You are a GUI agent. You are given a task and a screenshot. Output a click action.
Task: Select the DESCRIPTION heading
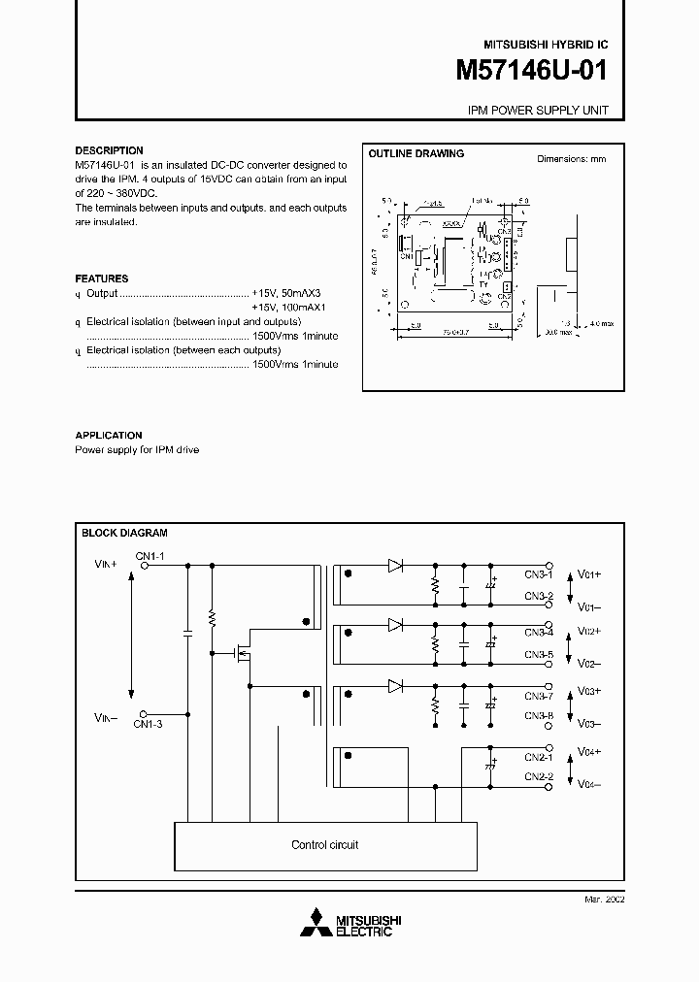[x=109, y=150]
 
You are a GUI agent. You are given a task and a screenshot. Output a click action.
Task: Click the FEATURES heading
[x=102, y=278]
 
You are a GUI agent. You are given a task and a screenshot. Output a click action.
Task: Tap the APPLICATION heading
[x=109, y=436]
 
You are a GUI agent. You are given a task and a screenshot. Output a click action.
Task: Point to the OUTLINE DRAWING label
[x=416, y=153]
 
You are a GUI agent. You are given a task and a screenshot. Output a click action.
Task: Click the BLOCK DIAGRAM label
[x=124, y=533]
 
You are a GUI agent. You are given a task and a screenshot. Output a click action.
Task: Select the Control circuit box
[x=324, y=845]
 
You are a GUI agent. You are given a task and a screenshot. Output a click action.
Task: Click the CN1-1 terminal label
[x=150, y=555]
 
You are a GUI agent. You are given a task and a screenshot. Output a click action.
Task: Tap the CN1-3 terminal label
[x=150, y=724]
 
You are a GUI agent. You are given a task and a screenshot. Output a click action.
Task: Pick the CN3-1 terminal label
[x=539, y=573]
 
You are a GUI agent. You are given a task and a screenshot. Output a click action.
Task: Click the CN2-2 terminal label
[x=539, y=776]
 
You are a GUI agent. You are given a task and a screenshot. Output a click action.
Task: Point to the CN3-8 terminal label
[x=539, y=716]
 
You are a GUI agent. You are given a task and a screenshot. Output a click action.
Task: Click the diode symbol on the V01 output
[x=395, y=564]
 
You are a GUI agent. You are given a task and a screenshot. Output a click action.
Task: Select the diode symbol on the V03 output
[x=395, y=686]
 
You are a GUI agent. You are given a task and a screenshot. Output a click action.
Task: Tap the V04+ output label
[x=589, y=751]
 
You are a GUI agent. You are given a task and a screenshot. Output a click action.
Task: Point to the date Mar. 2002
[x=604, y=900]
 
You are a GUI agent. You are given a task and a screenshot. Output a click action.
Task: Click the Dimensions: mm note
[x=572, y=158]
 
